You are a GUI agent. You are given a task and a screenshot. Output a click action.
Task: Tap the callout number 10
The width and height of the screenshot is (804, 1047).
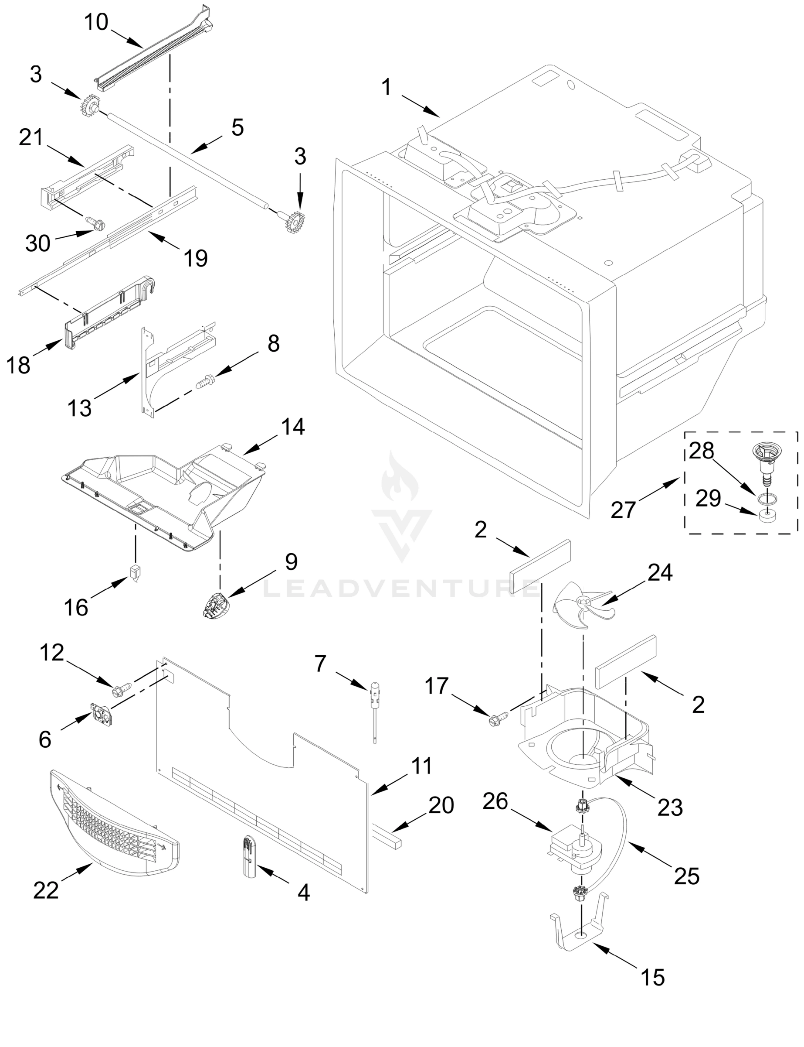coord(96,22)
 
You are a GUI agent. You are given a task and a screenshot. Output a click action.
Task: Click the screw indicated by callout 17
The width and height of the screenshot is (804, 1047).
coord(494,720)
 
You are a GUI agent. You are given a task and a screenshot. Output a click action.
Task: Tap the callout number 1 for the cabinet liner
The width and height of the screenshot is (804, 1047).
coord(386,88)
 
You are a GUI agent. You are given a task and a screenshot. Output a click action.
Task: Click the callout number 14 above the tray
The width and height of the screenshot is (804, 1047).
coord(293,426)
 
